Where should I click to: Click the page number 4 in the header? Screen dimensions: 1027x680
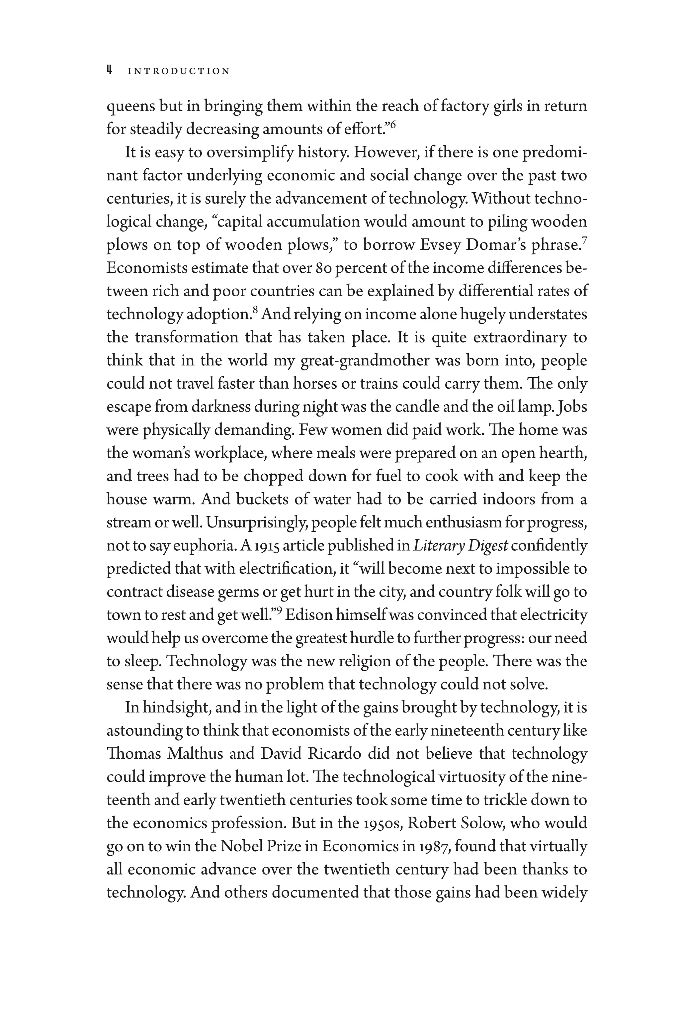click(110, 70)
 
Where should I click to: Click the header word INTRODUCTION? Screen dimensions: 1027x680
click(179, 71)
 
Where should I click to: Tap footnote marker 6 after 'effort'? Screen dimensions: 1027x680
click(393, 125)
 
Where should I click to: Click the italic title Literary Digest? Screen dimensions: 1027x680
click(460, 546)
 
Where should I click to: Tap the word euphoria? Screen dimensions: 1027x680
click(205, 546)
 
